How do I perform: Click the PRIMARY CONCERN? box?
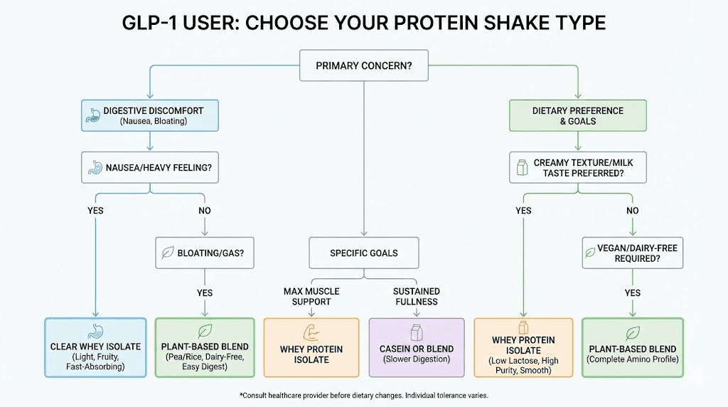coord(363,66)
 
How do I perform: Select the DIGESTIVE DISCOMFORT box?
coord(149,115)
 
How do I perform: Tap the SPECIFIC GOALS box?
coord(363,253)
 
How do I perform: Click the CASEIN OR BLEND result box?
coord(415,347)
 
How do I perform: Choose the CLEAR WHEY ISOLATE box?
coord(95,347)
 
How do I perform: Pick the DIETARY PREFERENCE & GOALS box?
coord(577,115)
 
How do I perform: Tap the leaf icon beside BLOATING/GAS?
coord(168,253)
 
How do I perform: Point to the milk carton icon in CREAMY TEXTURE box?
coord(520,168)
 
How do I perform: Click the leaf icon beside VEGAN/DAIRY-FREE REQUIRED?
coord(590,253)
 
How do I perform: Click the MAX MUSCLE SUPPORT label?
coord(311,296)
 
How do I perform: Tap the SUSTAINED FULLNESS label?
coord(416,296)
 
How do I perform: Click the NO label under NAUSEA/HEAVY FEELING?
coord(205,211)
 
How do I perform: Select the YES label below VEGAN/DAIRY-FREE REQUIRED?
coord(632,292)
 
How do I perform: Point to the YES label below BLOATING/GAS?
coord(205,292)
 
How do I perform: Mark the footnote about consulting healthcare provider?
coord(363,395)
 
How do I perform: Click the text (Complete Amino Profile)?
coord(632,360)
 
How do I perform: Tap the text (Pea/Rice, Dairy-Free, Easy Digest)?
coord(205,361)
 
